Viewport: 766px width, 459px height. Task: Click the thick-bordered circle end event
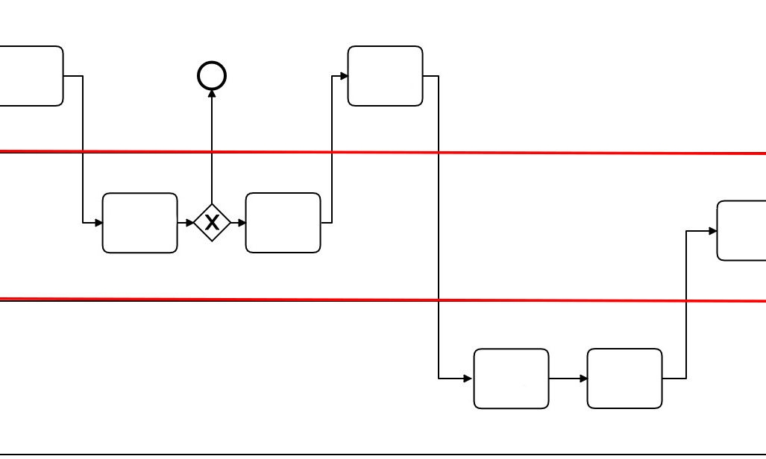(x=212, y=75)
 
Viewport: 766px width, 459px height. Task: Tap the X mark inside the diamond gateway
(x=212, y=222)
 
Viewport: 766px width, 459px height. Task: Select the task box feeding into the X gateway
(x=139, y=223)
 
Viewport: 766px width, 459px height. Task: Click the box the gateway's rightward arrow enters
(x=283, y=223)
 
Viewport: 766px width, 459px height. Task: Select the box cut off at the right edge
(x=741, y=230)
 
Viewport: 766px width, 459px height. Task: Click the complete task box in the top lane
(x=385, y=76)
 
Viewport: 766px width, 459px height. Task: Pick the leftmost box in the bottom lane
(x=511, y=379)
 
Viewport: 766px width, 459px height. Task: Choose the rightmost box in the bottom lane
(x=624, y=379)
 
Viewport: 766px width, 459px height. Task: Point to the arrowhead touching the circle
(x=212, y=94)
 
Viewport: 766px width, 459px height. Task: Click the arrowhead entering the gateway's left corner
(x=190, y=223)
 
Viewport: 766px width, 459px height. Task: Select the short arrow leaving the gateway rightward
(x=238, y=223)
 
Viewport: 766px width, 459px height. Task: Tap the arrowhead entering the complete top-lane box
(x=344, y=76)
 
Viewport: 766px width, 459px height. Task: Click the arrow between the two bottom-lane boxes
(x=568, y=379)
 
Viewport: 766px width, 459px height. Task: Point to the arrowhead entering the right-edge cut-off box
(x=712, y=231)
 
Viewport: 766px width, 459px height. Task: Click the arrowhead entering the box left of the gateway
(x=98, y=223)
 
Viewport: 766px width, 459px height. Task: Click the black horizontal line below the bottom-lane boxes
(x=373, y=454)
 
